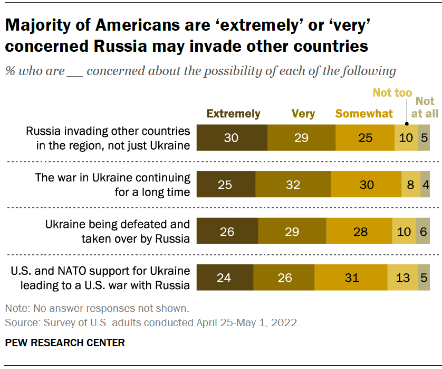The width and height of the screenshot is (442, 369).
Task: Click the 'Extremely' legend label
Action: pyautogui.click(x=233, y=114)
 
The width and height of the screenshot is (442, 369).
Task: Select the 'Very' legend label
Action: pyautogui.click(x=303, y=114)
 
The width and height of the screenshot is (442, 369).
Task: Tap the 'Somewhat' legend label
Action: pyautogui.click(x=364, y=114)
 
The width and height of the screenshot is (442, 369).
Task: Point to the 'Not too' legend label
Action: pyautogui.click(x=392, y=93)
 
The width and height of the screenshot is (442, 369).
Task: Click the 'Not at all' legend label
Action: pyautogui.click(x=425, y=107)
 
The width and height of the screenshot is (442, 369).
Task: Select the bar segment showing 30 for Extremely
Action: pyautogui.click(x=232, y=139)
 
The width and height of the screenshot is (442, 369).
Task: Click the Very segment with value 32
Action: pyautogui.click(x=293, y=185)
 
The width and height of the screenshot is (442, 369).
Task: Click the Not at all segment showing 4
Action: pyautogui.click(x=425, y=185)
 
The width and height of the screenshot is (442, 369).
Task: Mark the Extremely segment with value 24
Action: pyautogui.click(x=225, y=277)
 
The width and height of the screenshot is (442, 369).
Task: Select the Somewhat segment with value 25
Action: pyautogui.click(x=364, y=139)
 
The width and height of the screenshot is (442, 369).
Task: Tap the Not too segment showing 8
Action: pyautogui.click(x=411, y=185)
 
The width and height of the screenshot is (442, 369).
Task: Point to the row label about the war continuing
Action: pyautogui.click(x=112, y=185)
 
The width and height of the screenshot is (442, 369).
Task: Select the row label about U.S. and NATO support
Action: pyautogui.click(x=100, y=278)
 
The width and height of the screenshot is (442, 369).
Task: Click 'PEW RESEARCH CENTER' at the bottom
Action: pyautogui.click(x=65, y=343)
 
